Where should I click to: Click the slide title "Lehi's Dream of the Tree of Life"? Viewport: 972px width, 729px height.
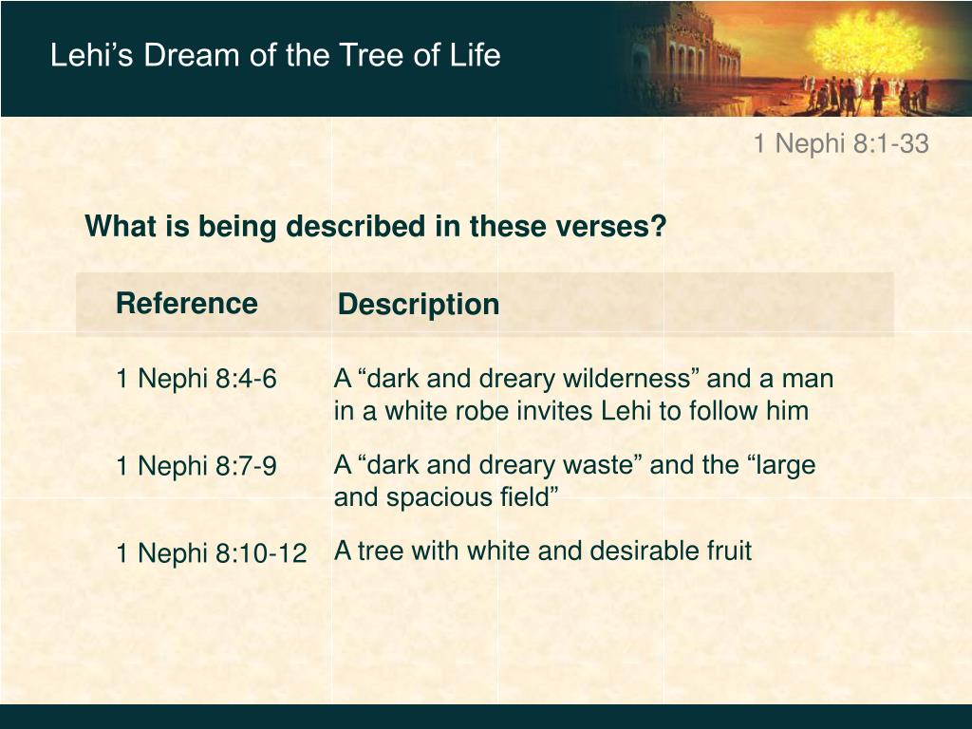point(275,55)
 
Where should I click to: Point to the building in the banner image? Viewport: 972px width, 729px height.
point(685,59)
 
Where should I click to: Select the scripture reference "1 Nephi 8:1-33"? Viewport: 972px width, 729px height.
point(841,143)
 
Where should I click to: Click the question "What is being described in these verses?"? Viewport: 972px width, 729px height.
point(375,226)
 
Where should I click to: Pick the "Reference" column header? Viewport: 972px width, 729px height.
point(187,303)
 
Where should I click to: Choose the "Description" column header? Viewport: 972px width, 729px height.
point(419,305)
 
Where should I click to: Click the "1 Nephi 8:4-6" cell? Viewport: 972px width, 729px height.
point(196,378)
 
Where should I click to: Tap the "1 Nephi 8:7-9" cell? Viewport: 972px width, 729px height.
point(196,465)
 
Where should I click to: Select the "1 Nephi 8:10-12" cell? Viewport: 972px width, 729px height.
point(212,552)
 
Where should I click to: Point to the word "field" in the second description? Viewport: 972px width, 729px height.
point(528,496)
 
